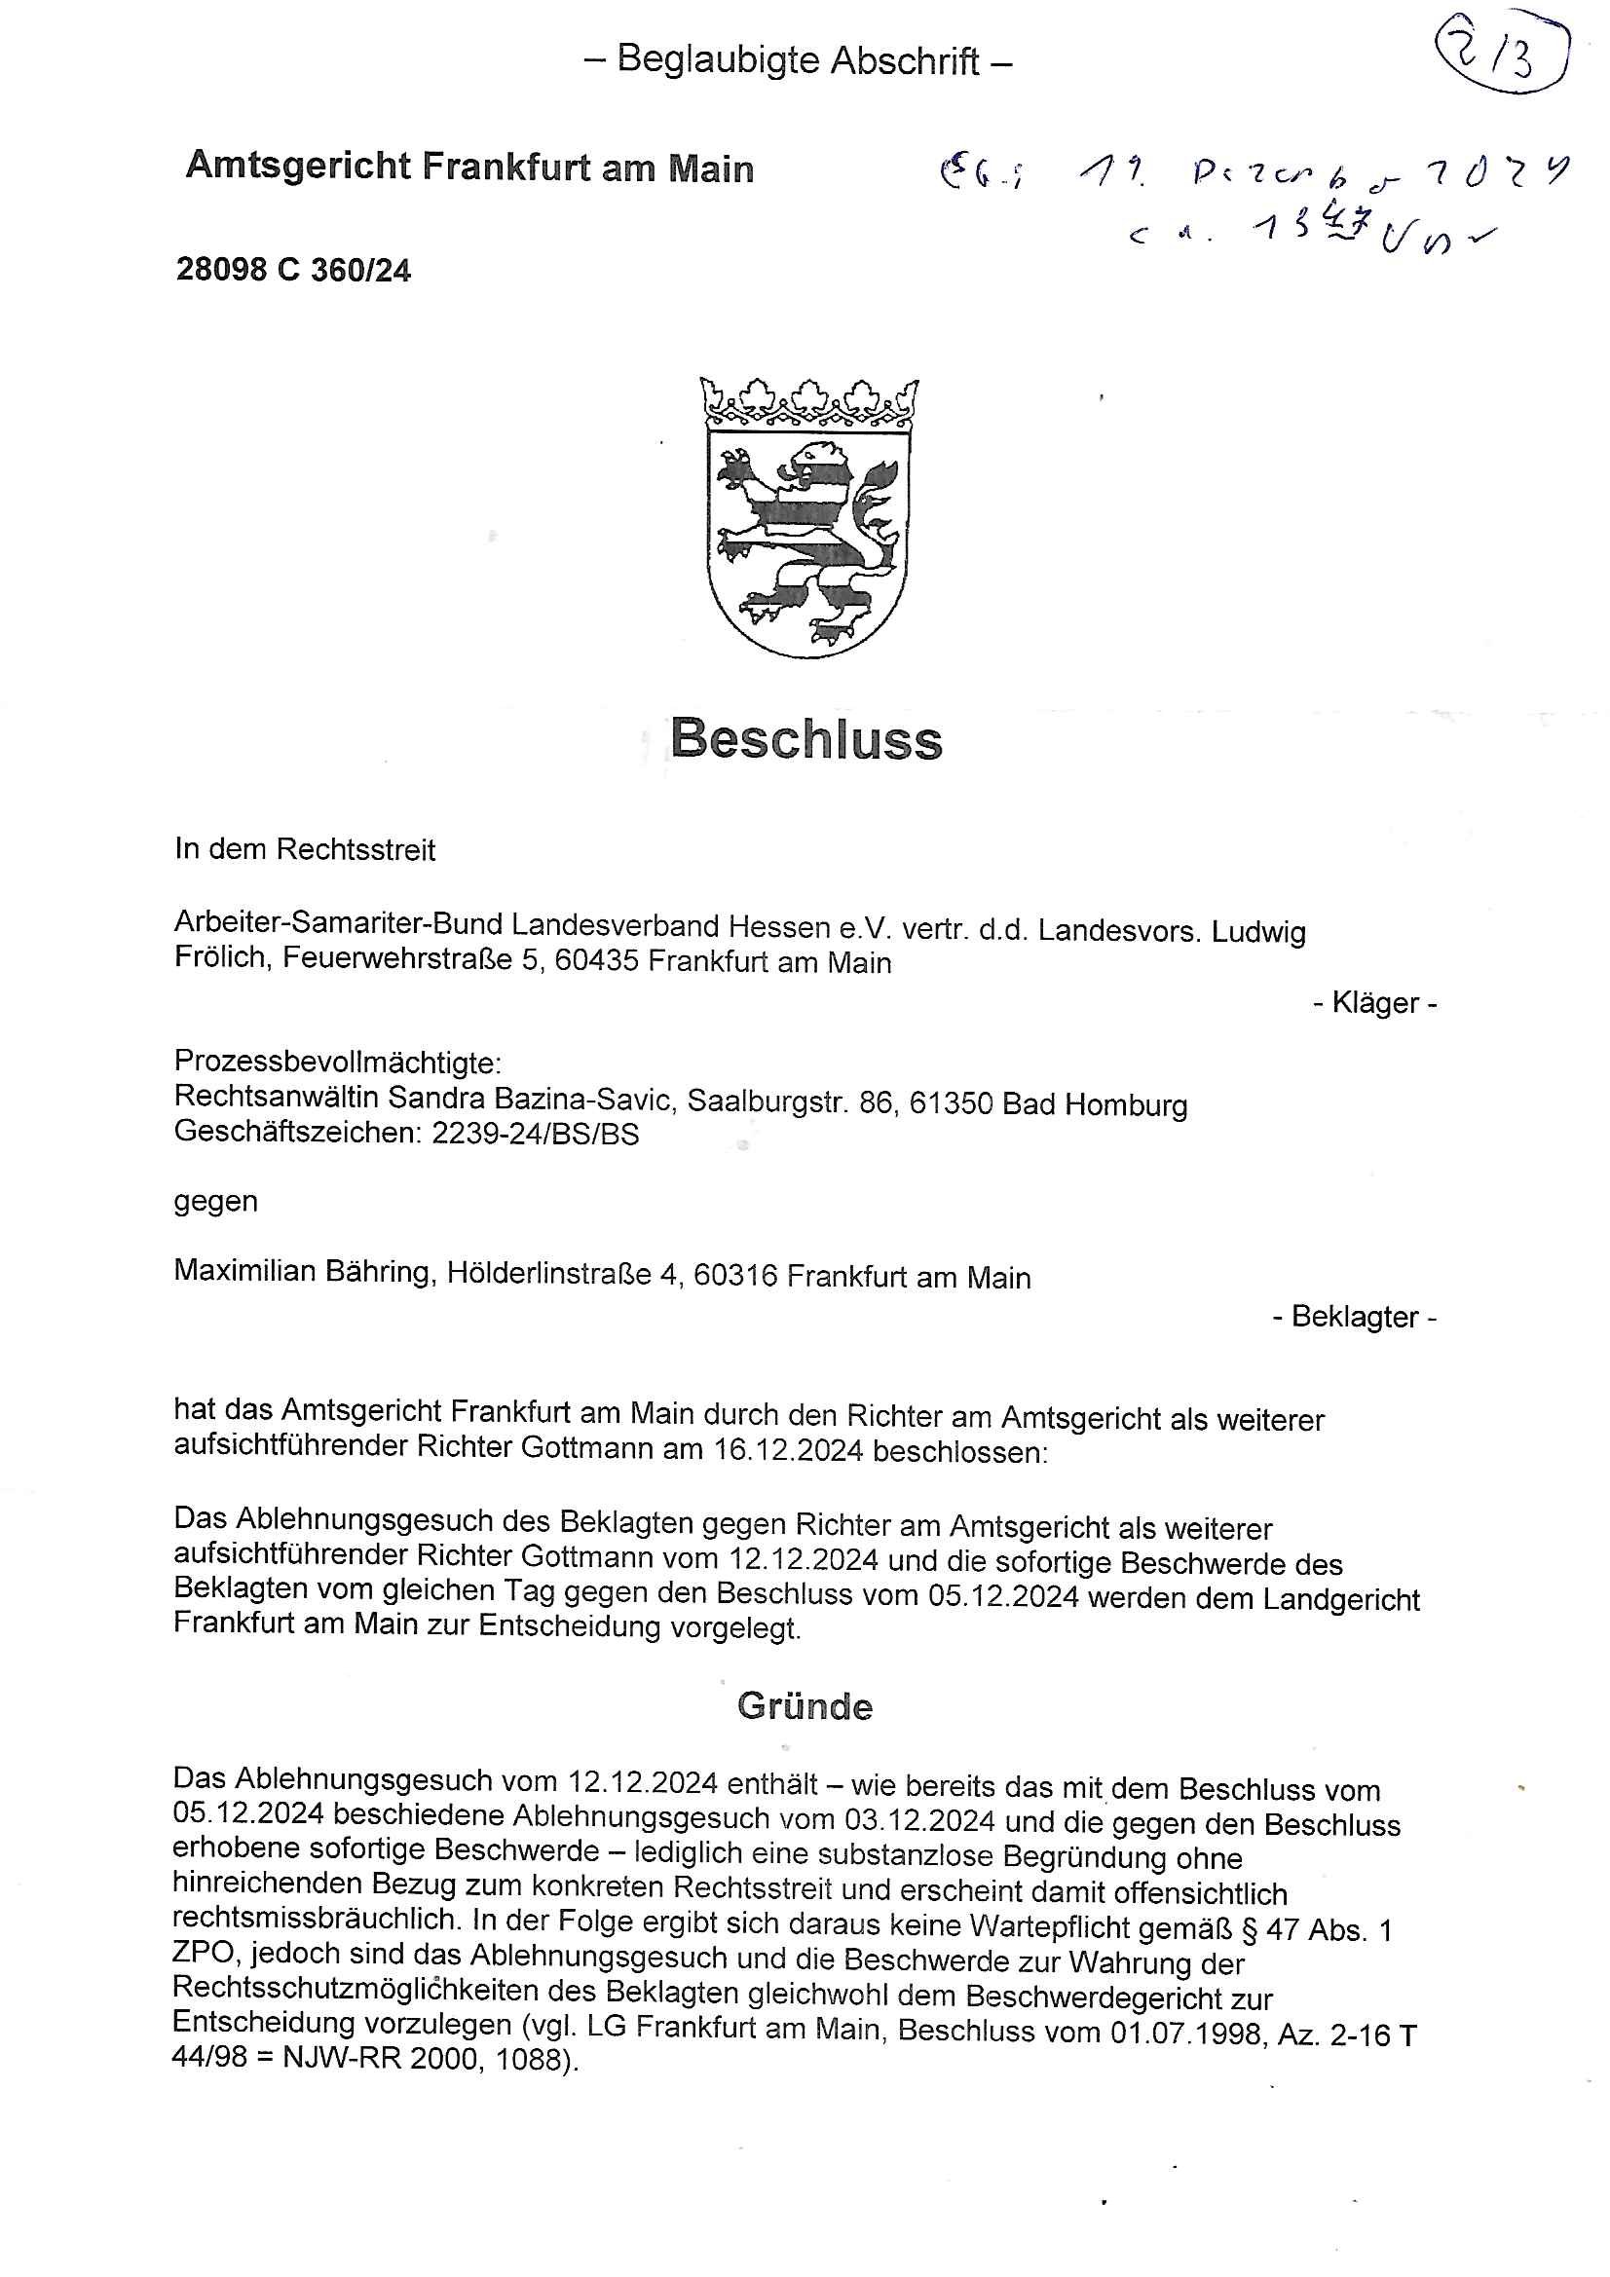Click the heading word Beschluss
(805, 739)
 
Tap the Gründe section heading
(805, 1706)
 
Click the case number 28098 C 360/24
(293, 270)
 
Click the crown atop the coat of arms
(808, 400)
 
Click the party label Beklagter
(1355, 1317)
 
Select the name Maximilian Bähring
(304, 1272)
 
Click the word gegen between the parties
(215, 1201)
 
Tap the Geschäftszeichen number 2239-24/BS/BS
(536, 1134)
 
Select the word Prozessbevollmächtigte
(337, 1064)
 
